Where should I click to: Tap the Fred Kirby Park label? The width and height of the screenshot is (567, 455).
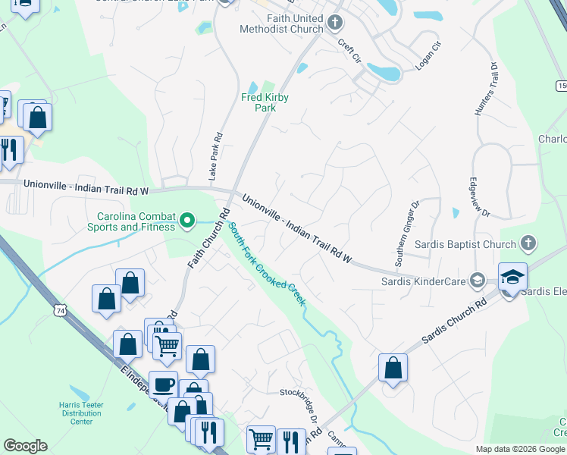pyautogui.click(x=265, y=102)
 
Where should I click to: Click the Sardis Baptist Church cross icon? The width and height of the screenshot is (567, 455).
pyautogui.click(x=528, y=244)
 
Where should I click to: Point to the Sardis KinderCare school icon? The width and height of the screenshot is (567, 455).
pyautogui.click(x=476, y=281)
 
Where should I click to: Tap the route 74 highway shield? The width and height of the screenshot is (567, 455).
pyautogui.click(x=60, y=310)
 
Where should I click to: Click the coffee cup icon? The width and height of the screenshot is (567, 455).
pyautogui.click(x=163, y=383)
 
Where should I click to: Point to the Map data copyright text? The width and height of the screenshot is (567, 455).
pyautogui.click(x=519, y=449)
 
